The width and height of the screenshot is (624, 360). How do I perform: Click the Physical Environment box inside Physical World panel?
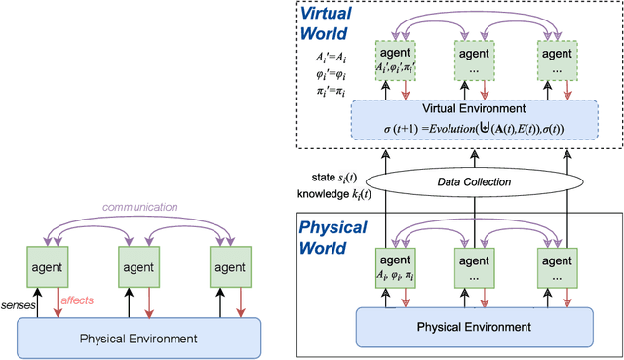[461, 327]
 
